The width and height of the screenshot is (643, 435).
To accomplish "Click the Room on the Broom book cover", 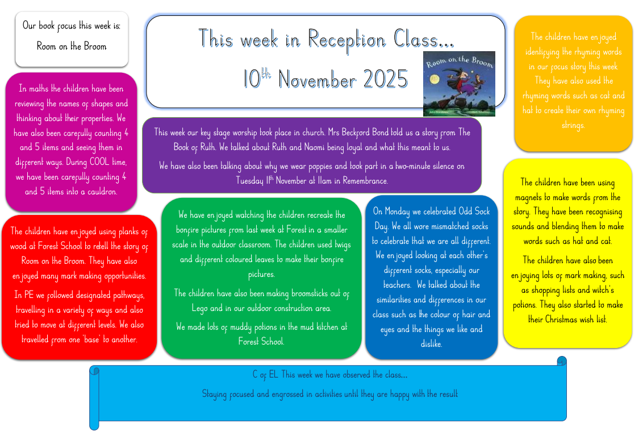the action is [x=459, y=84].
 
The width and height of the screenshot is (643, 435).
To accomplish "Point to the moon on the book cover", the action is [x=435, y=80].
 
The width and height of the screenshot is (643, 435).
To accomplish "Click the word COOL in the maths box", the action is [x=99, y=162].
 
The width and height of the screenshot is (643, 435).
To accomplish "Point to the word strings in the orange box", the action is [x=573, y=126].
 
